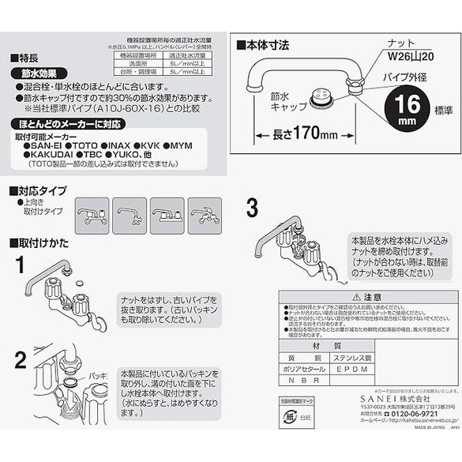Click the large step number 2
(x=21, y=359)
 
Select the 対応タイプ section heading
(x=39, y=192)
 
